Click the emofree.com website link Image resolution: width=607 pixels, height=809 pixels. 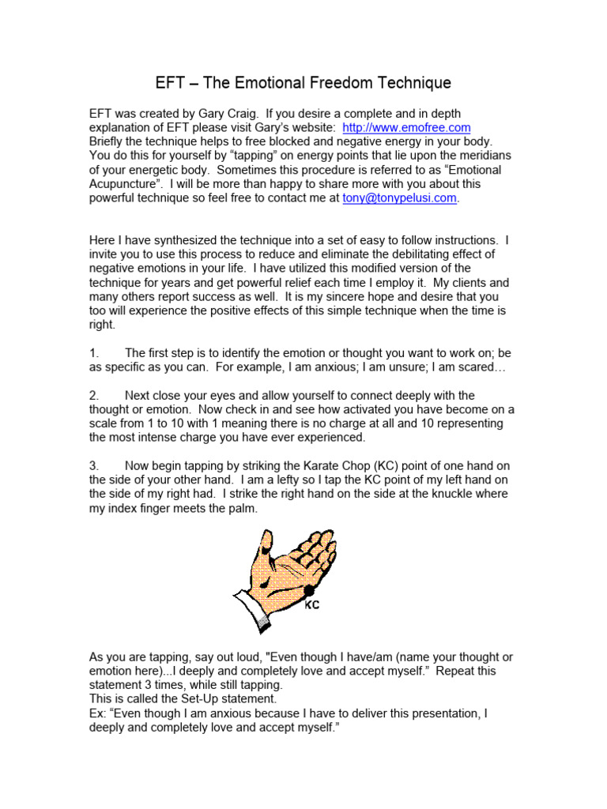coord(406,127)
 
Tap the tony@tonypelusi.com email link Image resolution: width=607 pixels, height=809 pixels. coord(399,198)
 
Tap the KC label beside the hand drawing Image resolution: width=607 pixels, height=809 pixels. coord(311,606)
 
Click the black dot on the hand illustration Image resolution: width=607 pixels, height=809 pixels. coord(309,590)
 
